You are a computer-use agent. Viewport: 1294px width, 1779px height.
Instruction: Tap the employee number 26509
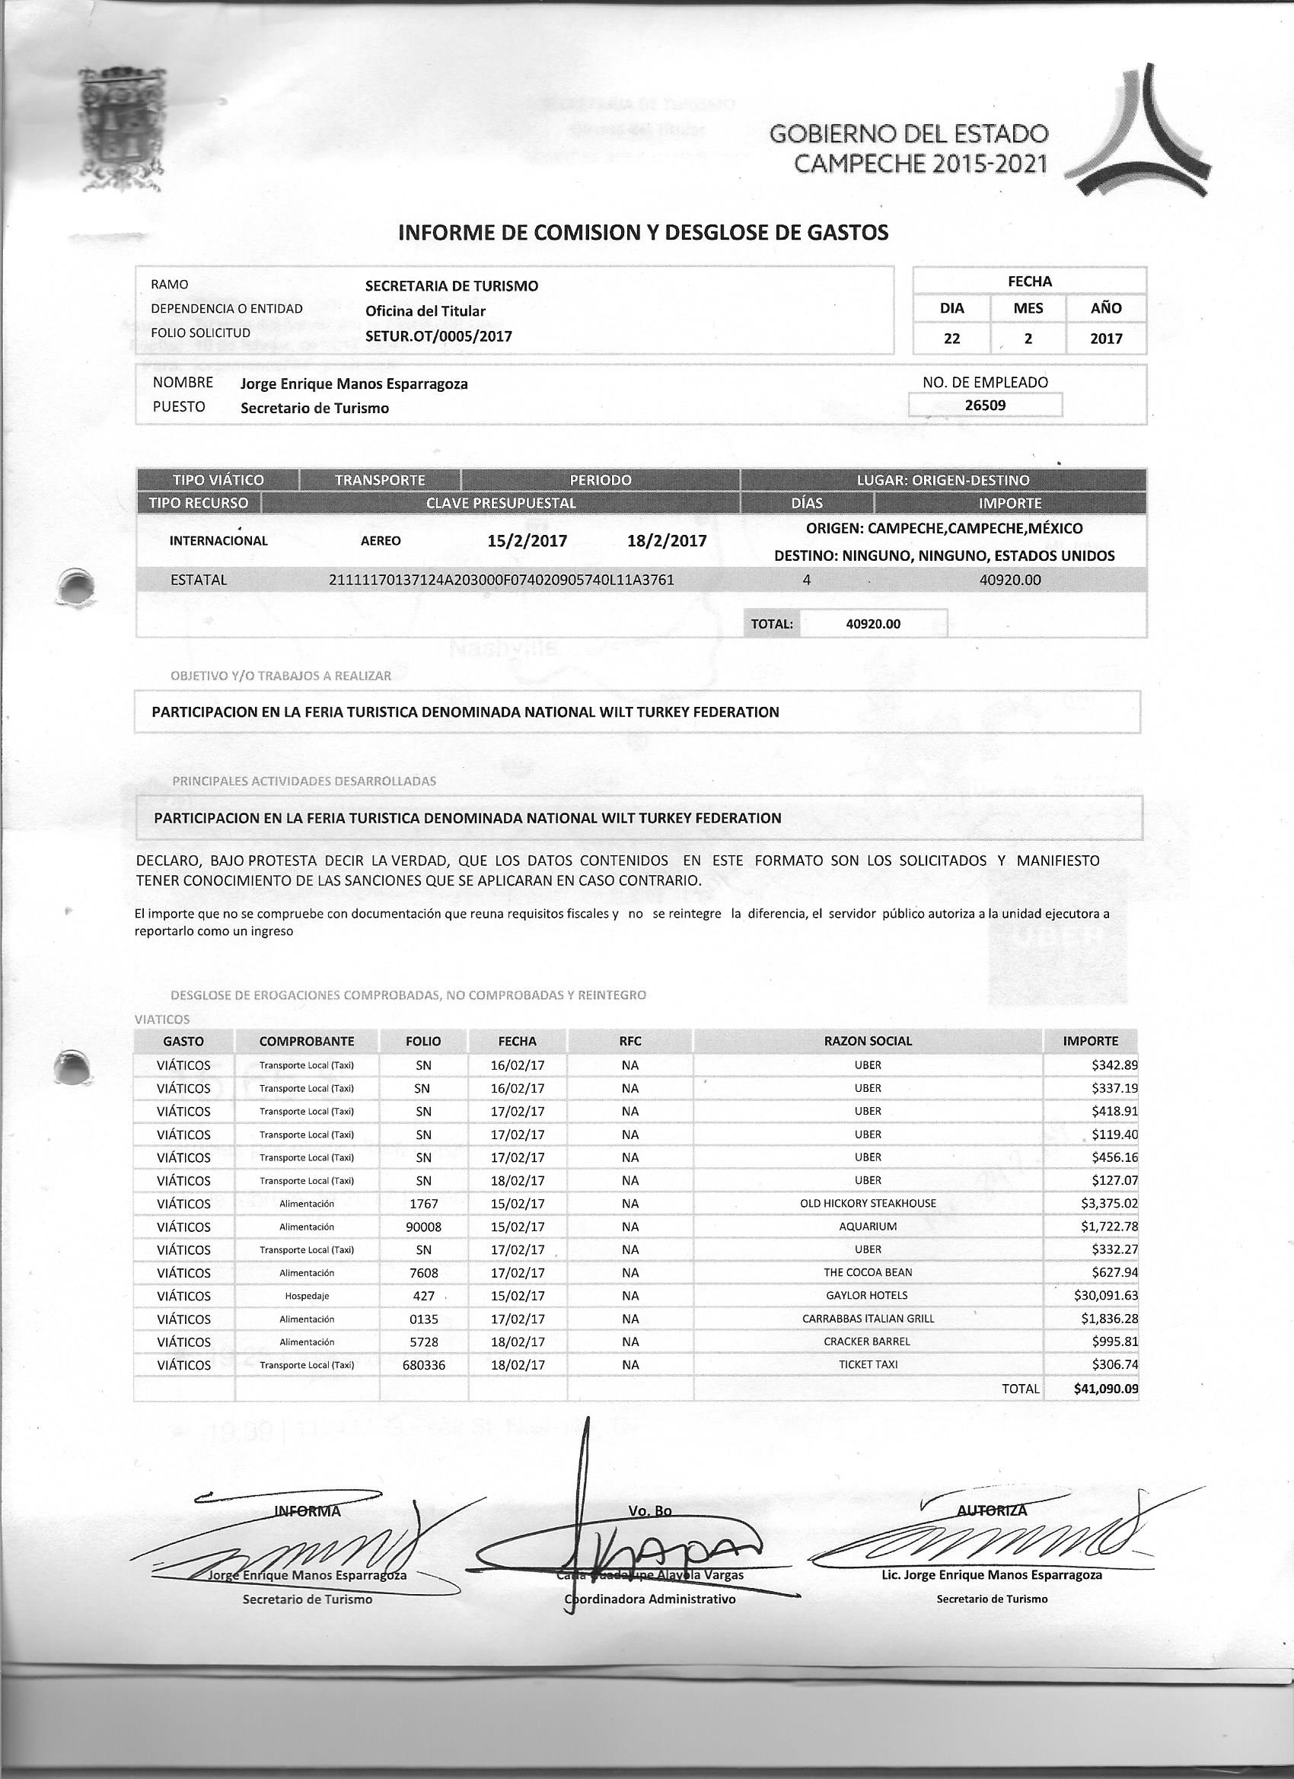point(985,405)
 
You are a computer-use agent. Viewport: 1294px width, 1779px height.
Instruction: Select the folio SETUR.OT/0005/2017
point(438,336)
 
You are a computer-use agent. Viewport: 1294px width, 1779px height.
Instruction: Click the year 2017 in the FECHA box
point(1106,339)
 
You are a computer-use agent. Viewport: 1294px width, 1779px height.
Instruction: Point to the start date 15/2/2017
point(527,541)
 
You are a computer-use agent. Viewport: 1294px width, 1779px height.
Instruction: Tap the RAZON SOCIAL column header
point(867,1041)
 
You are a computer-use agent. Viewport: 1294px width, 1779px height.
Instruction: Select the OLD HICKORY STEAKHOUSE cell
point(867,1203)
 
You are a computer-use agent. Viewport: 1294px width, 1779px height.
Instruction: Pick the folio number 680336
point(423,1365)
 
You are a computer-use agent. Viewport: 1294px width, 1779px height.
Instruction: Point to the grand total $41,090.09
point(1106,1389)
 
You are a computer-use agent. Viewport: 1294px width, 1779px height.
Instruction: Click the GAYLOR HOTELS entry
point(867,1295)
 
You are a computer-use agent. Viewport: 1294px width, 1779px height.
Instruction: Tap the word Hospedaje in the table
point(306,1296)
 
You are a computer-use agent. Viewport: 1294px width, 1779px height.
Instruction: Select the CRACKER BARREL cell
point(867,1341)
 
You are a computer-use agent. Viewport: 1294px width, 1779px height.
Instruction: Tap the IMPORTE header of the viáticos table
point(1090,1041)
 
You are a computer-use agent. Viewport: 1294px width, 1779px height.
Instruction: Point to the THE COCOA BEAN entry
point(867,1272)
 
